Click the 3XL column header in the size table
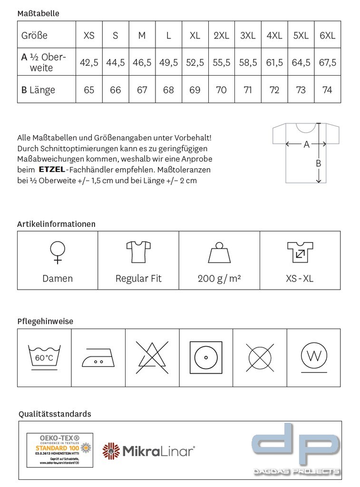248,35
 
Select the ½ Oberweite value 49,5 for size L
168,62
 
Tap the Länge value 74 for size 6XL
327,90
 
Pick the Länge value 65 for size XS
89,90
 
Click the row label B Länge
39,90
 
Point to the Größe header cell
34,35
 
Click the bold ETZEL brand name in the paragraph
52,169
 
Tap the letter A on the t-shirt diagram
306,144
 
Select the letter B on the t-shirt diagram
318,164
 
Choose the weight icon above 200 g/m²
219,253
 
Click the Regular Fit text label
138,279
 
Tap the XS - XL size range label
300,279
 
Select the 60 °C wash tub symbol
44,356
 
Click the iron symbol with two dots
98,357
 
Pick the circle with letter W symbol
313,356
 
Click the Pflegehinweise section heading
45,321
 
